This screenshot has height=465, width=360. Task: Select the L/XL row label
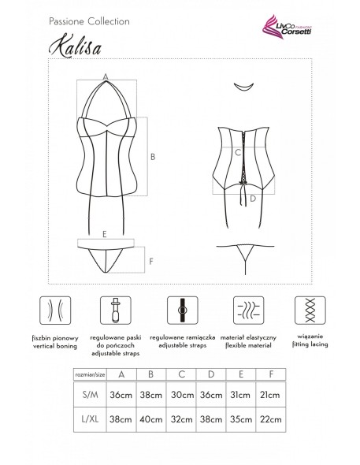[92, 422]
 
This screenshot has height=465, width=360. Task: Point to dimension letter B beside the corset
[152, 156]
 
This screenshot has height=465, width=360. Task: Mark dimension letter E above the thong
[104, 235]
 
